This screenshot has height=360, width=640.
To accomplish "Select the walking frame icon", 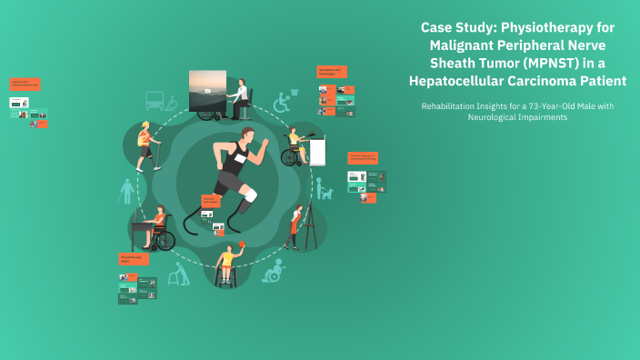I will click(x=179, y=274).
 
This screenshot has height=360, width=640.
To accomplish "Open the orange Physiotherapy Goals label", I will click(x=131, y=259).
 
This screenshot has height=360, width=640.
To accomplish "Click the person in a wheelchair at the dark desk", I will click(x=158, y=226).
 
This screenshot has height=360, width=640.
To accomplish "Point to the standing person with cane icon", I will click(x=126, y=192).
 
